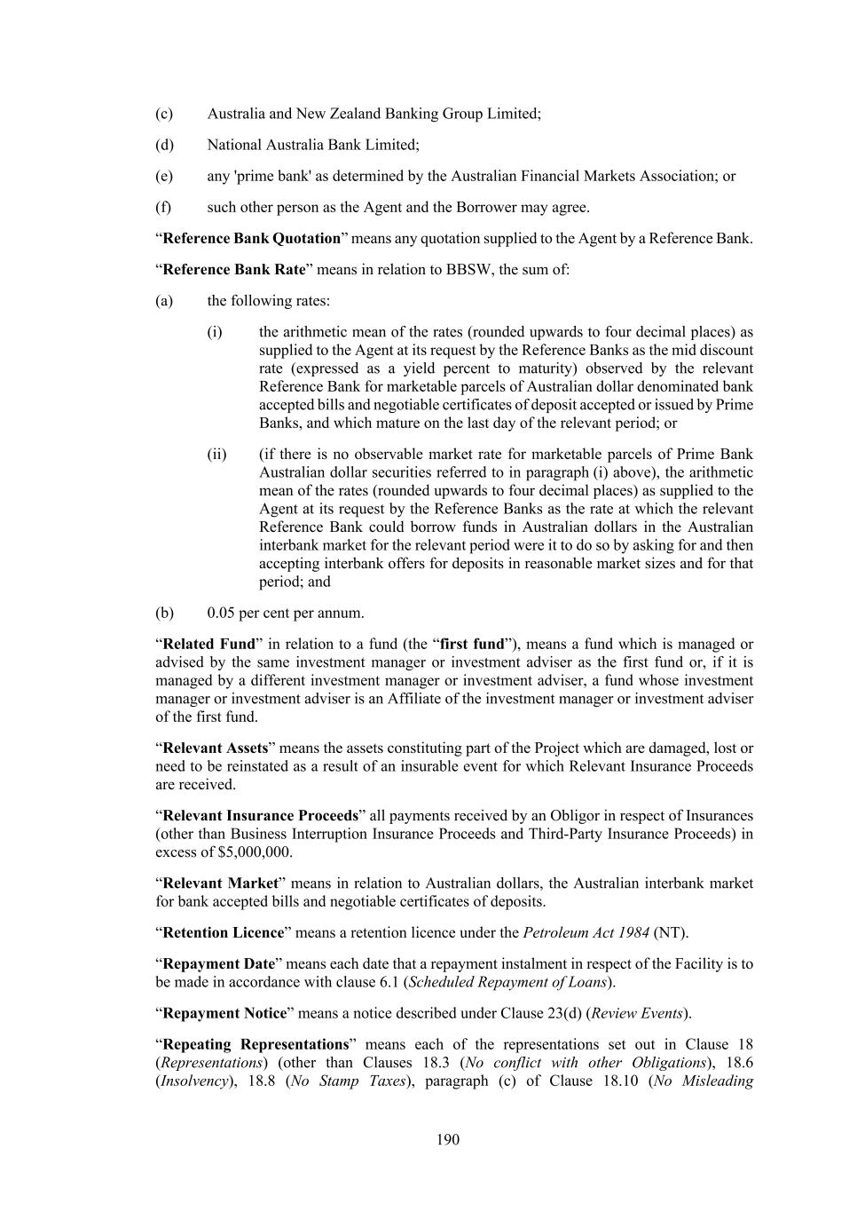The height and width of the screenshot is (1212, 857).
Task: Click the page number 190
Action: click(448, 1139)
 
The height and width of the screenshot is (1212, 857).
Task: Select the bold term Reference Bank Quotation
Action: click(252, 238)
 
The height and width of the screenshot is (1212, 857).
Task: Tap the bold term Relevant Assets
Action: click(216, 748)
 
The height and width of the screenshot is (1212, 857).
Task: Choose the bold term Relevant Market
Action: click(221, 883)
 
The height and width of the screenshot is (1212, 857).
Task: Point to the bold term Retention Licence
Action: click(224, 932)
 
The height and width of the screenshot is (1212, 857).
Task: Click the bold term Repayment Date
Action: click(219, 963)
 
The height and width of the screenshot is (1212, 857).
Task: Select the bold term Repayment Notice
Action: click(225, 1013)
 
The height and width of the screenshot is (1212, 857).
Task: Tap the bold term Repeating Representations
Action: click(256, 1044)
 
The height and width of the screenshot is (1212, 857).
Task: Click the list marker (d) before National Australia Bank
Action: click(164, 145)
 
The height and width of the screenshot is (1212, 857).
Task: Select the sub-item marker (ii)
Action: click(216, 455)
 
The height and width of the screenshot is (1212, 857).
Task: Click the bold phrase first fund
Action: click(472, 644)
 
